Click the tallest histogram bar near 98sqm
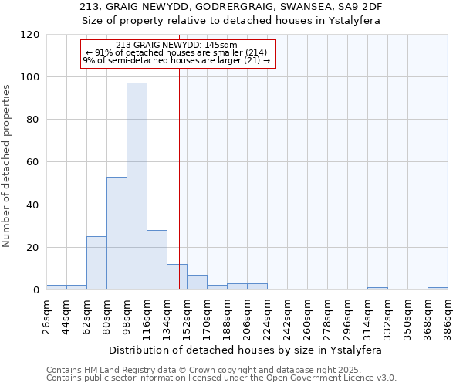click(x=137, y=185)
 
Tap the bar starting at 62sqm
click(x=96, y=262)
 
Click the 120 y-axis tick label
click(x=30, y=35)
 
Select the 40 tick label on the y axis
click(x=33, y=205)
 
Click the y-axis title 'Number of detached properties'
click(x=7, y=167)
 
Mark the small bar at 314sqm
click(x=377, y=288)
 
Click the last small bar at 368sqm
click(x=438, y=288)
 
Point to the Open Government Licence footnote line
click(x=221, y=378)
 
